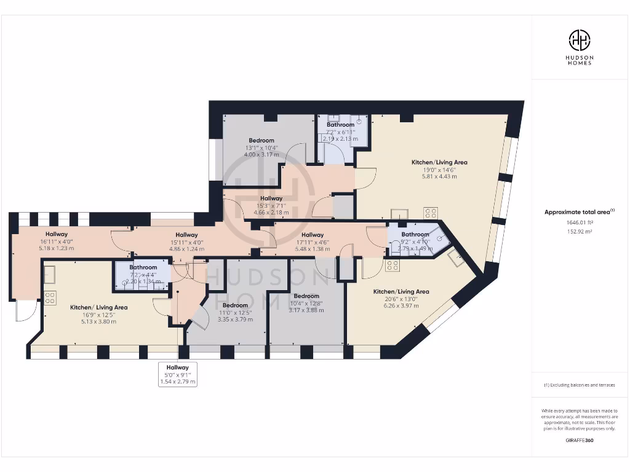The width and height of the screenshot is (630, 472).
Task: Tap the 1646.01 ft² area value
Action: tap(579, 223)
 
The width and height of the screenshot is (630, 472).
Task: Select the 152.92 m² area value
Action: tap(579, 232)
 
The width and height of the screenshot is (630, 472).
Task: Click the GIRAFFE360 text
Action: tap(579, 440)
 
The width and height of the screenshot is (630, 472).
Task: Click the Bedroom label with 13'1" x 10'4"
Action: tap(261, 141)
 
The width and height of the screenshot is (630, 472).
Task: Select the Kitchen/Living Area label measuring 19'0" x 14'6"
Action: tap(439, 163)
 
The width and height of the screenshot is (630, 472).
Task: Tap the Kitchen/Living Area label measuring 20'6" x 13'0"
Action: tap(401, 292)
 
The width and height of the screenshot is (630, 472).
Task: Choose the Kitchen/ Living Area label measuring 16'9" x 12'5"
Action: tap(98, 307)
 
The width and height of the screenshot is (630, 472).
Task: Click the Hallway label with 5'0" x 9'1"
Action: tap(178, 368)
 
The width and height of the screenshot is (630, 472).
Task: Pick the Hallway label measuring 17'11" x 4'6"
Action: tap(313, 235)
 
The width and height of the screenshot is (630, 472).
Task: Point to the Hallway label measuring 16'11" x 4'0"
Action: tap(56, 234)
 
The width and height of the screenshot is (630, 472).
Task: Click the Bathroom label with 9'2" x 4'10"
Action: tap(415, 235)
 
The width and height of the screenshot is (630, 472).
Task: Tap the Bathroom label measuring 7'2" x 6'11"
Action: tap(340, 125)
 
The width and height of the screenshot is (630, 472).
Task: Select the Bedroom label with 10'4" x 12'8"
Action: tap(306, 296)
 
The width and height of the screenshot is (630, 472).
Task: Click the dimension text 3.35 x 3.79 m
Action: tap(235, 320)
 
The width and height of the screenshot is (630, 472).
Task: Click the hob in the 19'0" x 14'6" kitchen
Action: tap(431, 213)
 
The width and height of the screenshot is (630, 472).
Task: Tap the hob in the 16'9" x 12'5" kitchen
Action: tap(50, 297)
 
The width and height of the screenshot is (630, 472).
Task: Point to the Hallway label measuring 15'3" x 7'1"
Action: tap(271, 199)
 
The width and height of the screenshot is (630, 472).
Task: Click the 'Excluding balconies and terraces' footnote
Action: tap(579, 385)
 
